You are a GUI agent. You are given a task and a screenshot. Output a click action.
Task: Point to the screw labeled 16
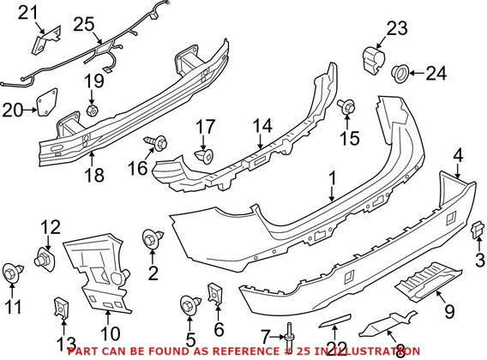point(159,139)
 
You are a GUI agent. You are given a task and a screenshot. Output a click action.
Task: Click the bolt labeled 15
point(346,106)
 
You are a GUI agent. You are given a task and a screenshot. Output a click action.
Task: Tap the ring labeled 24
point(400,75)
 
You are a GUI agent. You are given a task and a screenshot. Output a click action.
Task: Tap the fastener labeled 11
point(11,272)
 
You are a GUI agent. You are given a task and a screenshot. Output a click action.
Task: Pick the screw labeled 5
point(189,303)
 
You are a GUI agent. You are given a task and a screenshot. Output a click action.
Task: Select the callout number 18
point(95,174)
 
